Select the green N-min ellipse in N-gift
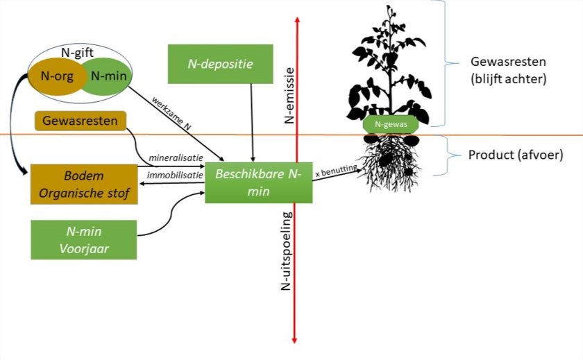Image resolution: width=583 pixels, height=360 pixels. [x=108, y=77]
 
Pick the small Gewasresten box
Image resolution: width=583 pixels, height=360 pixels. [x=81, y=121]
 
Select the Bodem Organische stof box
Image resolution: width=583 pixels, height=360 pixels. [x=83, y=184]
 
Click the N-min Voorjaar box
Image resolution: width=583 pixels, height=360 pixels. [x=83, y=239]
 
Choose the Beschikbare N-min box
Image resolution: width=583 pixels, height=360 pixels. [x=258, y=182]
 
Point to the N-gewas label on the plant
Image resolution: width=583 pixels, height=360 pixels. [x=390, y=125]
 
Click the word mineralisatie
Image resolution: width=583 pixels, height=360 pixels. [x=176, y=157]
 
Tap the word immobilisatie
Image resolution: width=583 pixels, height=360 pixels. [x=176, y=175]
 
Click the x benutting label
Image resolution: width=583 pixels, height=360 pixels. [x=336, y=171]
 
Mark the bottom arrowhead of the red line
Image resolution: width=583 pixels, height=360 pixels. [x=296, y=339]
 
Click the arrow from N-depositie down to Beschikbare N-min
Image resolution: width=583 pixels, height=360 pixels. [x=252, y=121]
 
